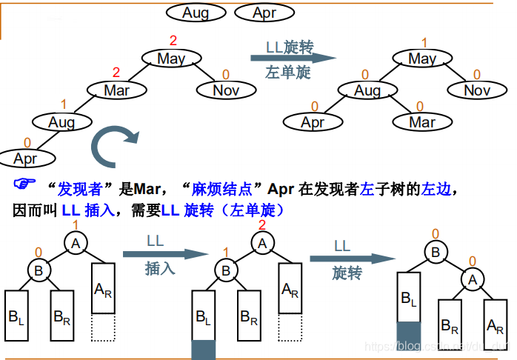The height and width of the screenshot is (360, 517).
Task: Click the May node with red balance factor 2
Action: [171, 59]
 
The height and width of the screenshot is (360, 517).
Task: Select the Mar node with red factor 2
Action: [117, 90]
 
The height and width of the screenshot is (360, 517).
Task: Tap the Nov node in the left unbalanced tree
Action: [226, 90]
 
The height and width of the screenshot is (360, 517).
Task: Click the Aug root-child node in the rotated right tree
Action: [367, 90]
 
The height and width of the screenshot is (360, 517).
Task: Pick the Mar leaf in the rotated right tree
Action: [422, 121]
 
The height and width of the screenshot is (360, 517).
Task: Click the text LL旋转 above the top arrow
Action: [290, 46]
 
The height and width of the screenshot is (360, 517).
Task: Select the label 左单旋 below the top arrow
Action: [287, 73]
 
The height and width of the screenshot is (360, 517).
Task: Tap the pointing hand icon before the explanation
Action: [25, 183]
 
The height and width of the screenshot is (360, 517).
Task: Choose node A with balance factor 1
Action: [75, 241]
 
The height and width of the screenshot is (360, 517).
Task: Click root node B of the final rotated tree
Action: [436, 252]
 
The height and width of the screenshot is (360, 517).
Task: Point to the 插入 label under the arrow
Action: [160, 268]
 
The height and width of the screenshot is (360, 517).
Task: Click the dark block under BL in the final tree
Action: [409, 333]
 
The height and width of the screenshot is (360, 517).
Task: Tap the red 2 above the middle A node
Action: [261, 225]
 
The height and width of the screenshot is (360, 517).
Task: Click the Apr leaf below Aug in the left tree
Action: [25, 159]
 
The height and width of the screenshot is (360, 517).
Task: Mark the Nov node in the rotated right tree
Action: [477, 90]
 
